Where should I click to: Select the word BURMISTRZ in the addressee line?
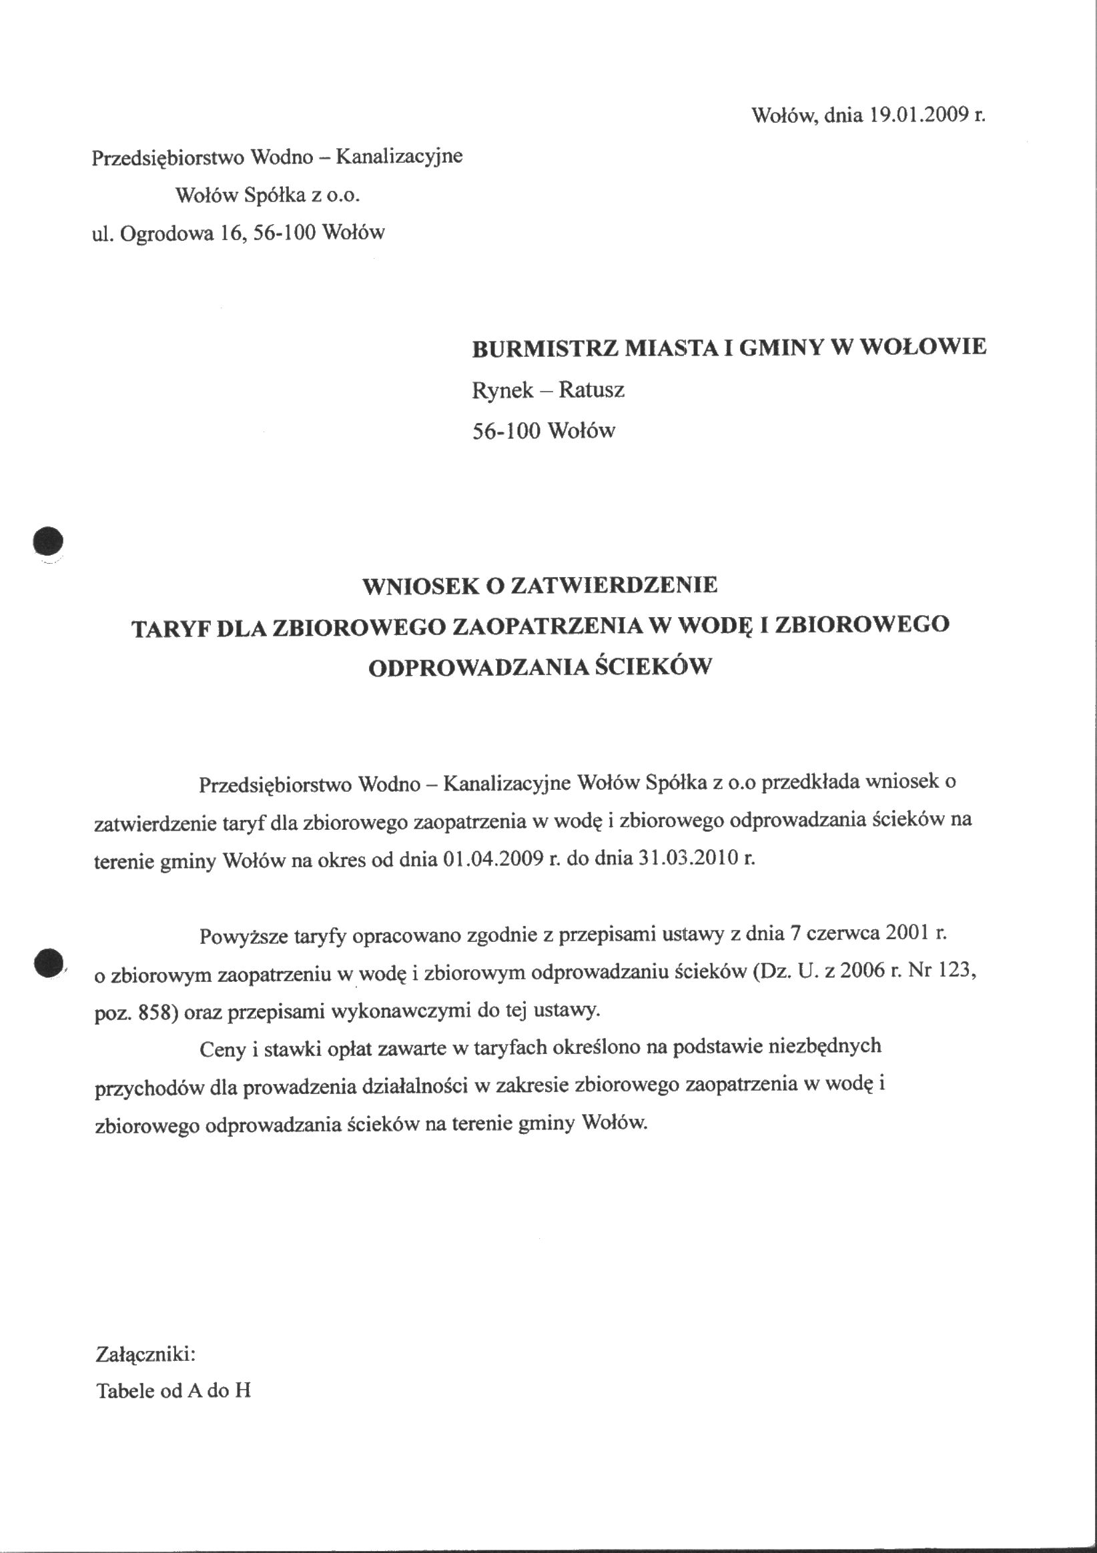543,348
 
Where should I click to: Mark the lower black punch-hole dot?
48,963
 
